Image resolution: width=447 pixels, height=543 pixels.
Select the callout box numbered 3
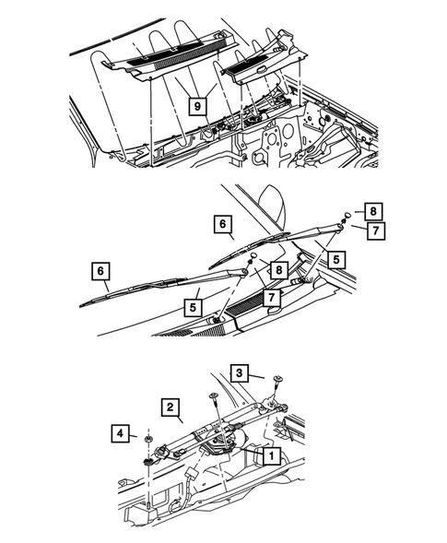click(x=239, y=373)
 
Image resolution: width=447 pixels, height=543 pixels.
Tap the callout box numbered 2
click(x=171, y=405)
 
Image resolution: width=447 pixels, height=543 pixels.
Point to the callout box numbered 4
click(x=121, y=432)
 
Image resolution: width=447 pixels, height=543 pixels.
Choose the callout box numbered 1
click(x=271, y=455)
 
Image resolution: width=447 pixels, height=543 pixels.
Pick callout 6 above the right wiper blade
click(x=222, y=223)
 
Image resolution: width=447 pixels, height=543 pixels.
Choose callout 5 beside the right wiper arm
click(x=338, y=260)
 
